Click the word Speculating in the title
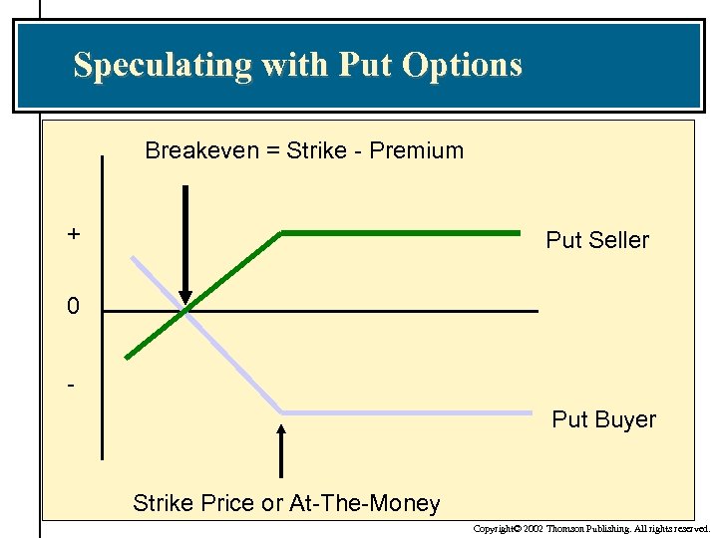(163, 66)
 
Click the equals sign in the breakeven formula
(275, 151)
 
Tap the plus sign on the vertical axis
(74, 234)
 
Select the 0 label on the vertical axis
(73, 307)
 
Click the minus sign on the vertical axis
(72, 383)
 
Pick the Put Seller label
(596, 240)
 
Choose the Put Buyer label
(603, 419)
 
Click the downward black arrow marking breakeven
(184, 244)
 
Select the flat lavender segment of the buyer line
(409, 412)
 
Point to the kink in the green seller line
(282, 233)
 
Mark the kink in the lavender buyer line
(282, 411)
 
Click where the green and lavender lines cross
(186, 311)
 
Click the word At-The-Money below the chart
(364, 504)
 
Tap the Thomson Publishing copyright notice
(591, 529)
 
